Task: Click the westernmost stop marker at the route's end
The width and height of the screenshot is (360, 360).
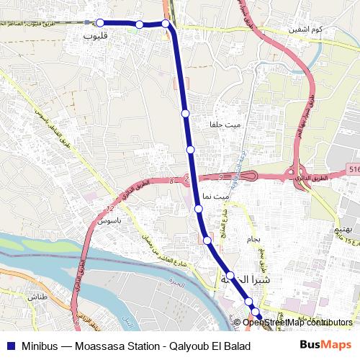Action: pos(100,23)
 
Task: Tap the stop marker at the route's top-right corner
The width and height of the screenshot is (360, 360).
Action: pos(166,24)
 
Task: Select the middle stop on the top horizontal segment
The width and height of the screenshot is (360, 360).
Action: pos(139,24)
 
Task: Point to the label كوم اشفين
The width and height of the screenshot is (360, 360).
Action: pos(303,30)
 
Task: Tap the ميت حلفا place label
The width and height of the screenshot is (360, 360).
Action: pos(225,125)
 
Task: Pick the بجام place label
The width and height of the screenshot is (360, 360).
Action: pos(262,238)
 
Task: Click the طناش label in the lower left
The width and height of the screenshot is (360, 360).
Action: pos(37,296)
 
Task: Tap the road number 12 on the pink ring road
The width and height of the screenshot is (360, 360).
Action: pos(109,208)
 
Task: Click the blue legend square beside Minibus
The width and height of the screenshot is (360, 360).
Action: pos(10,345)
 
